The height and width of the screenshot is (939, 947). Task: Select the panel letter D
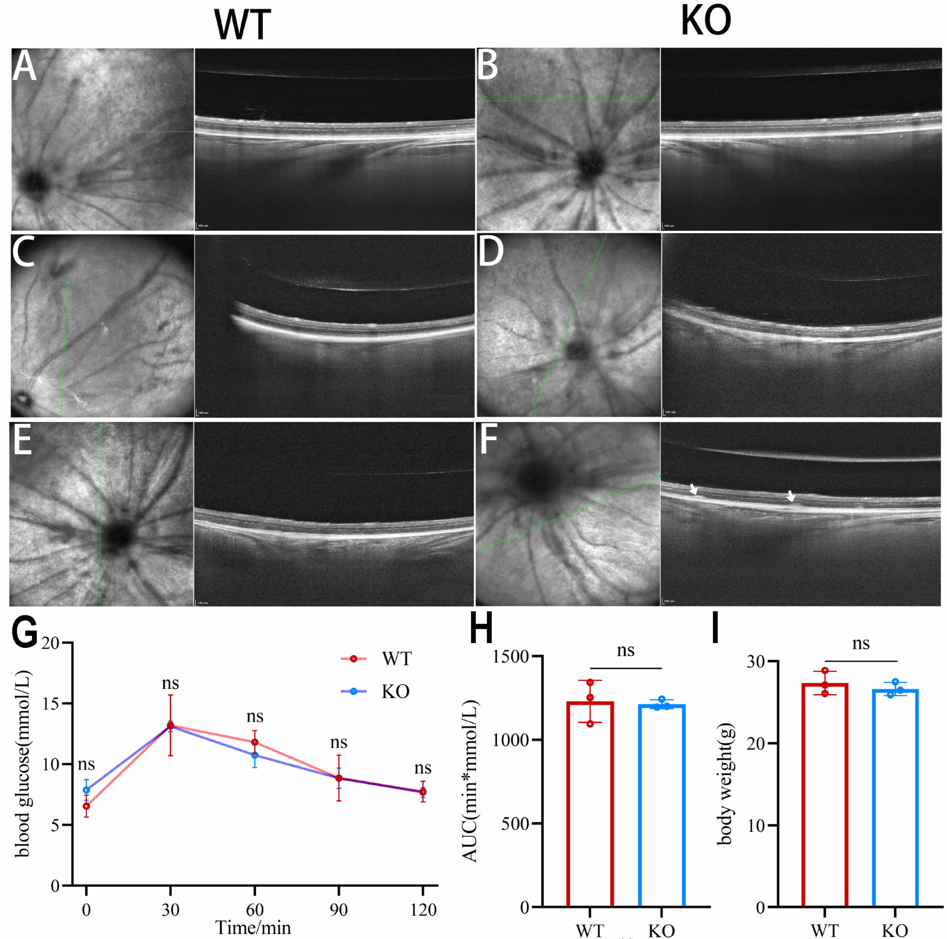(490, 251)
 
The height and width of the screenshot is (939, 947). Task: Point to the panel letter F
(489, 440)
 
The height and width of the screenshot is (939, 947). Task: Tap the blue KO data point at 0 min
(86, 790)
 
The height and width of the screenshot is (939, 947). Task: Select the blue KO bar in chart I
(895, 798)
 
